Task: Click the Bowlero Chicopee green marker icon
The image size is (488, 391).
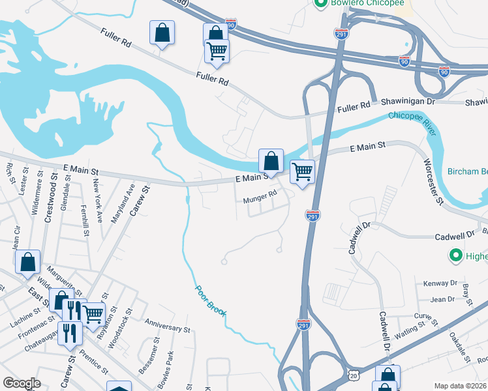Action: (320, 4)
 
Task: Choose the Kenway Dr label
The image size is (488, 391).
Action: (440, 283)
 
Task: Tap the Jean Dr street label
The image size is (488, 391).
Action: (443, 299)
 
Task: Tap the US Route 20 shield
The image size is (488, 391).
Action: (353, 376)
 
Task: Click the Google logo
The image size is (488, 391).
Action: (22, 383)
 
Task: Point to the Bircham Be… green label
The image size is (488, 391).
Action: (467, 172)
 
